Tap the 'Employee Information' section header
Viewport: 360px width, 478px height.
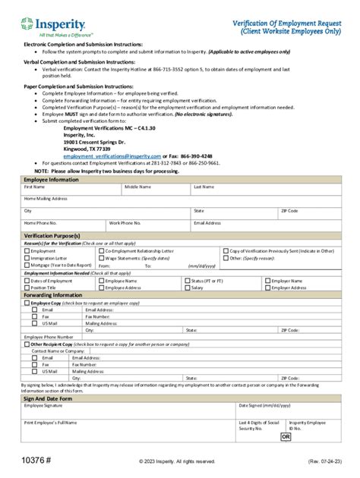click(x=53, y=178)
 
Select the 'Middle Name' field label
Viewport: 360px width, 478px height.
click(x=137, y=186)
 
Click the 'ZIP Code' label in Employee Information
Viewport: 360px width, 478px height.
click(x=289, y=210)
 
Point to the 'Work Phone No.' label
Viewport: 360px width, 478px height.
click(x=125, y=223)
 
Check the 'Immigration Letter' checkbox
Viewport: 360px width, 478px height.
click(x=27, y=258)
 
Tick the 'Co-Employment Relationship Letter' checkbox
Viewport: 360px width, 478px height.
click(x=102, y=250)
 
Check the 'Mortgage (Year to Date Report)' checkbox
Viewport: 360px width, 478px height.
click(x=27, y=266)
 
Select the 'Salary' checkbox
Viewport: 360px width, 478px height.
click(x=187, y=288)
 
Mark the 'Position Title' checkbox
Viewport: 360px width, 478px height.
click(x=27, y=288)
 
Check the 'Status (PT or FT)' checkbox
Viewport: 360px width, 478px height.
click(x=187, y=280)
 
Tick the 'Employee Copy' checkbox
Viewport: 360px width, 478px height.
click(x=27, y=303)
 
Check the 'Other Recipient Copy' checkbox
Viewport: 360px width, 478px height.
click(x=27, y=344)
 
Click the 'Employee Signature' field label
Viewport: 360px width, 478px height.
click(x=46, y=405)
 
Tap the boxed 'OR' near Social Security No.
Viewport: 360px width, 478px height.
click(x=286, y=437)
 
